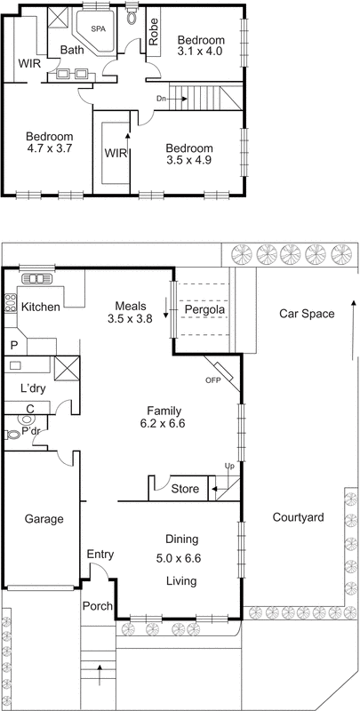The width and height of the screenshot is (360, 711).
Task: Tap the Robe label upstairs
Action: pyautogui.click(x=154, y=32)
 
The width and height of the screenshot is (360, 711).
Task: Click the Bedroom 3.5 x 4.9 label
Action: pyautogui.click(x=189, y=161)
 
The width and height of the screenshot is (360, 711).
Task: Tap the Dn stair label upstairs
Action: pyautogui.click(x=160, y=98)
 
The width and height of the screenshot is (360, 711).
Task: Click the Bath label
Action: pyautogui.click(x=72, y=51)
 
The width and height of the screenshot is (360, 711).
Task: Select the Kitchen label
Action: pyautogui.click(x=41, y=308)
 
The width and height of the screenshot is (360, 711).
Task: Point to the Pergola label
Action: pyautogui.click(x=203, y=309)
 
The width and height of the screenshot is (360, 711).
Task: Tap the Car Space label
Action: pyautogui.click(x=306, y=314)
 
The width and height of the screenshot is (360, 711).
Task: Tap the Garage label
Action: pyautogui.click(x=41, y=518)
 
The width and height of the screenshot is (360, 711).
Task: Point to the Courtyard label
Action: pyautogui.click(x=299, y=517)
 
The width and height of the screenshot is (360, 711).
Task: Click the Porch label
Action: pyautogui.click(x=98, y=607)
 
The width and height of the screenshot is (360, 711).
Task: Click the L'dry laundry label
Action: pyautogui.click(x=33, y=388)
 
